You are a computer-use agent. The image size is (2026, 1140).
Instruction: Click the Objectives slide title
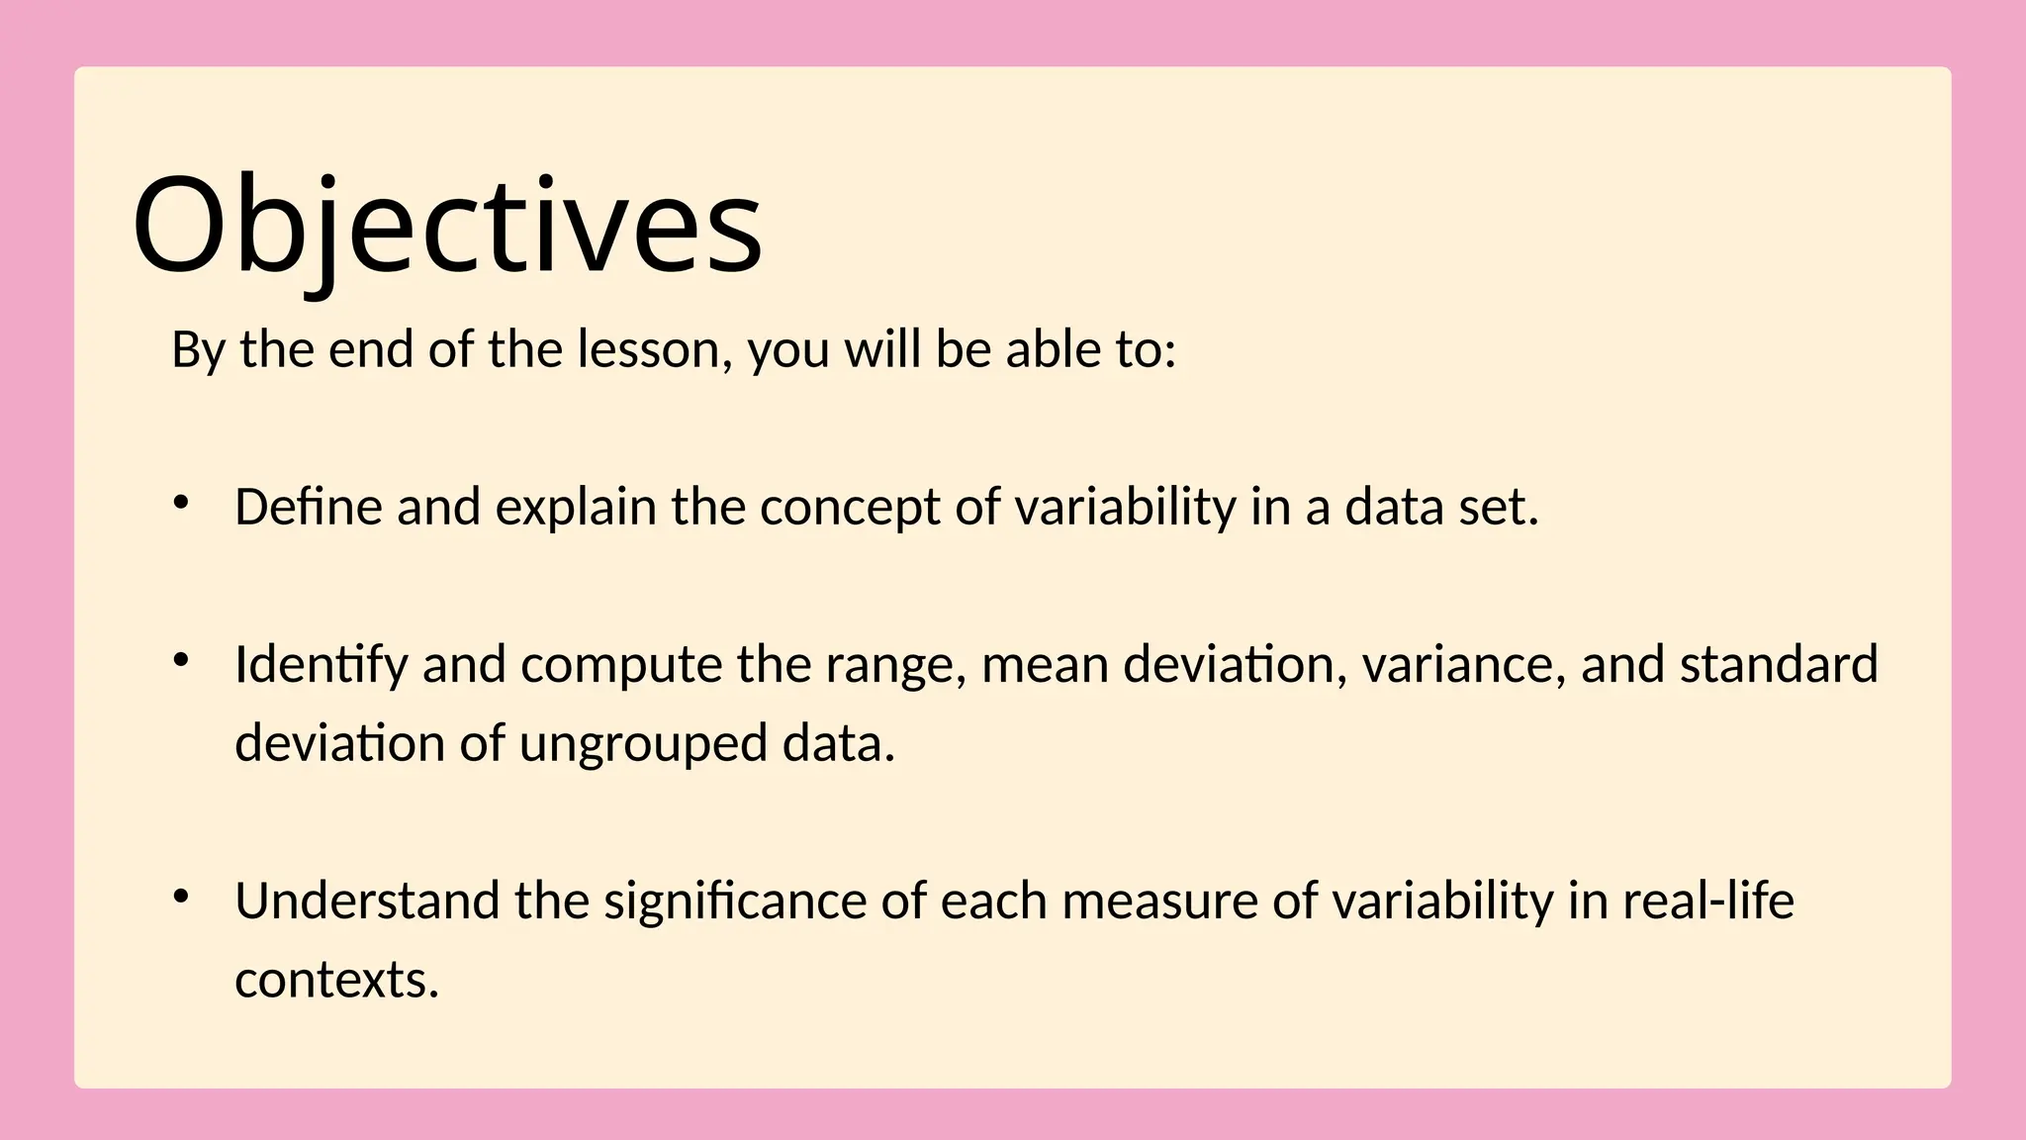pyautogui.click(x=447, y=226)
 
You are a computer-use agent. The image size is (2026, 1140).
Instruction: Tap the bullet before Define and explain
pyautogui.click(x=180, y=503)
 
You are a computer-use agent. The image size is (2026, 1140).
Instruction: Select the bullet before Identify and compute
pyautogui.click(x=180, y=660)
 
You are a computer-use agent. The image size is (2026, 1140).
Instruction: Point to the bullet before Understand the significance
pyautogui.click(x=180, y=897)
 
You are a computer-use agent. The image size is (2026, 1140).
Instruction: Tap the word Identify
pyautogui.click(x=321, y=665)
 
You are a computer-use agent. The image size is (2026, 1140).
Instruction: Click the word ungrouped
pyautogui.click(x=643, y=744)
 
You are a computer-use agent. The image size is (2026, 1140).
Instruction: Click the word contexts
pyautogui.click(x=335, y=981)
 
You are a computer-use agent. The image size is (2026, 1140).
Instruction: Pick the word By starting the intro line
pyautogui.click(x=198, y=350)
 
